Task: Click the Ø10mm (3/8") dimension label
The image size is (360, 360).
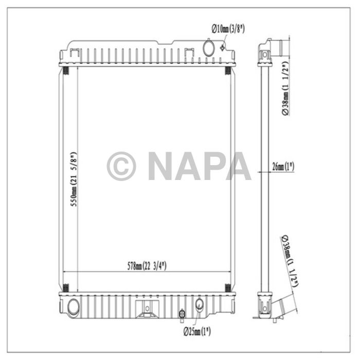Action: (228, 29)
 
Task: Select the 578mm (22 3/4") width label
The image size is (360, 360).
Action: (147, 266)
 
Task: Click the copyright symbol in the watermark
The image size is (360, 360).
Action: (121, 167)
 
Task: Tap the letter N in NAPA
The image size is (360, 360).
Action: (161, 167)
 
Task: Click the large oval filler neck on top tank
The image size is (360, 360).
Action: (209, 48)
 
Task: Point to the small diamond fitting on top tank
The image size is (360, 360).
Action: (222, 48)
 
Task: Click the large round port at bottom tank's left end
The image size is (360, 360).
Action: (73, 308)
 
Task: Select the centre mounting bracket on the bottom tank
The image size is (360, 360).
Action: (147, 308)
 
